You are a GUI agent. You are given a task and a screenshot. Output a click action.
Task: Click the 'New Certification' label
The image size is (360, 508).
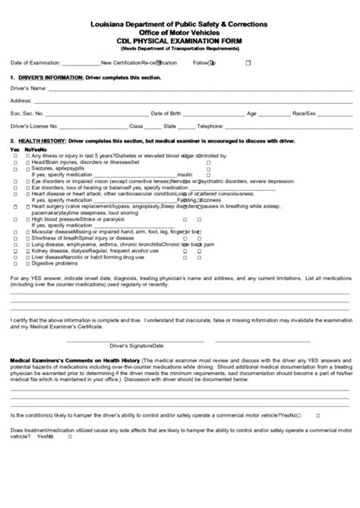tap(121, 63)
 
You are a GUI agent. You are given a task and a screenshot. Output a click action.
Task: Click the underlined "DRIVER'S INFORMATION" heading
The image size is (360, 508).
tap(46, 78)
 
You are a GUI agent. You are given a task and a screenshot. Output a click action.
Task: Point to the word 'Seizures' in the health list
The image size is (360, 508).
tap(43, 168)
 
